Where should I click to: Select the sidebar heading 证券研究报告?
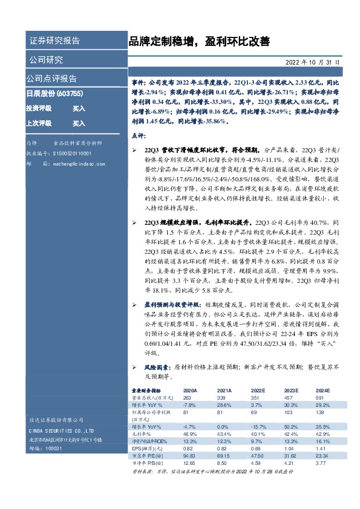click(x=54, y=41)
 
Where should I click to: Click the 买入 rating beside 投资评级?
click(x=79, y=108)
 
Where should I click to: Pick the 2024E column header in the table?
click(x=323, y=391)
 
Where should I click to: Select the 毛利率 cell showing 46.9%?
click(x=190, y=433)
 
